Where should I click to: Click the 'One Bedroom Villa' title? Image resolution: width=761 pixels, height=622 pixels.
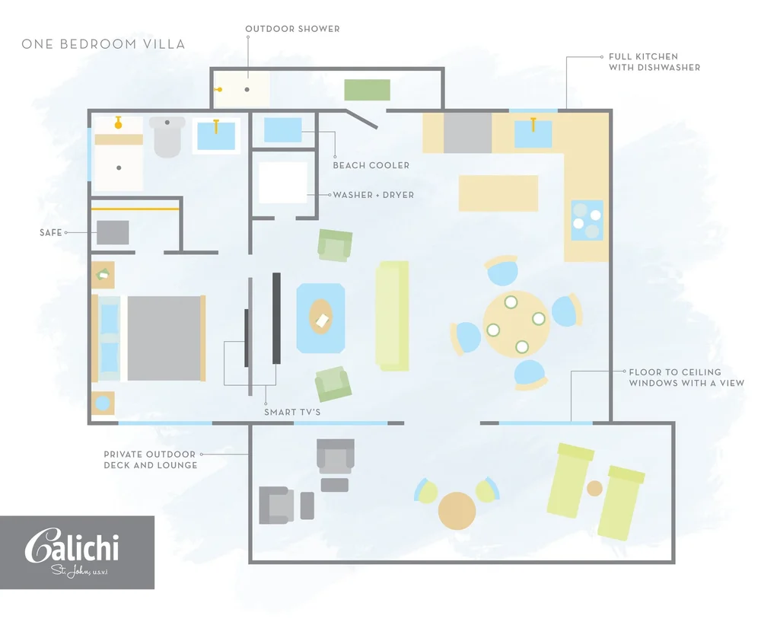pyautogui.click(x=103, y=44)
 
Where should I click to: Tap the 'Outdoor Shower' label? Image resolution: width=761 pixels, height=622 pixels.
pyautogui.click(x=292, y=29)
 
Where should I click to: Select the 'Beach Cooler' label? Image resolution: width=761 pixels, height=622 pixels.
pyautogui.click(x=371, y=165)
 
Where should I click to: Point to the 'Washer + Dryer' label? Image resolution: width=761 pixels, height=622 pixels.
pyautogui.click(x=373, y=195)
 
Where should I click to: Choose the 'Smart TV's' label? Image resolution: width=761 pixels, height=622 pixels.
pyautogui.click(x=292, y=412)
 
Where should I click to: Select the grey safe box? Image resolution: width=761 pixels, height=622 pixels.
pyautogui.click(x=113, y=232)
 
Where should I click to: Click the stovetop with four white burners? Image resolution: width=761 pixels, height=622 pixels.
pyautogui.click(x=587, y=220)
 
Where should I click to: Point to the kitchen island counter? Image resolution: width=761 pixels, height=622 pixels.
pyautogui.click(x=498, y=193)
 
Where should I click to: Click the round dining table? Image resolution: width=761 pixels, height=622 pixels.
pyautogui.click(x=516, y=324)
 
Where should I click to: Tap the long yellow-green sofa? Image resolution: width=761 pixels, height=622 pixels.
pyautogui.click(x=393, y=315)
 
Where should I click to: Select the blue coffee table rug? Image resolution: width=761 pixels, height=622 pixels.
pyautogui.click(x=320, y=317)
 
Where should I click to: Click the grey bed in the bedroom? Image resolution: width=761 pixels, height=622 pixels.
pyautogui.click(x=164, y=338)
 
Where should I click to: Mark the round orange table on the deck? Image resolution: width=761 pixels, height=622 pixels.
pyautogui.click(x=457, y=510)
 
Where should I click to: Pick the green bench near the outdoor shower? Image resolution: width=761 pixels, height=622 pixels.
pyautogui.click(x=367, y=89)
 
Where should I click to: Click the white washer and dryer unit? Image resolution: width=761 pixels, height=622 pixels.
pyautogui.click(x=282, y=182)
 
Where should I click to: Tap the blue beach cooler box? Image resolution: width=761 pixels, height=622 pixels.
pyautogui.click(x=282, y=129)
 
